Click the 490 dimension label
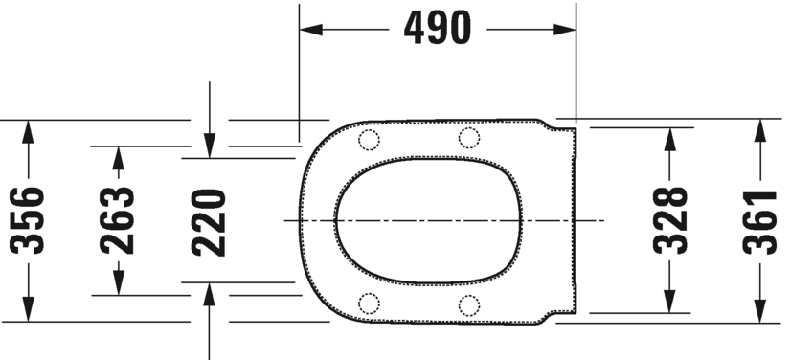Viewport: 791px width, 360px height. (438, 30)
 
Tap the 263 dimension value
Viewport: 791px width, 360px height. (118, 220)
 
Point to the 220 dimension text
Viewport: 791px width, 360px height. (208, 220)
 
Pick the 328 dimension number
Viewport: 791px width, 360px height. (675, 220)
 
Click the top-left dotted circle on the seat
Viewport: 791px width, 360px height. (369, 140)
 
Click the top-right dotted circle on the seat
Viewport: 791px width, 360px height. (468, 138)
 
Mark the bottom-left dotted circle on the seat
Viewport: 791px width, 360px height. (369, 304)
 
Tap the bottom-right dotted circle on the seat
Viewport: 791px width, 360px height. (468, 305)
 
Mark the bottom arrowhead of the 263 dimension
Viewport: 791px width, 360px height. (118, 284)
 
